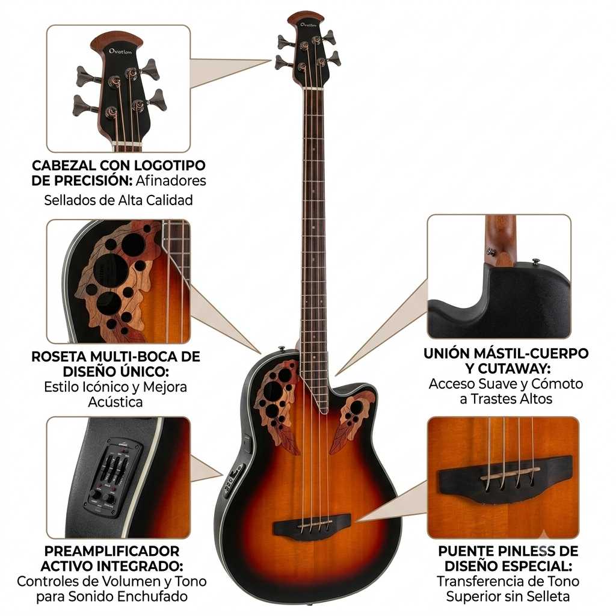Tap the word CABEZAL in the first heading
(x=64, y=165)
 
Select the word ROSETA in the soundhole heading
(x=59, y=356)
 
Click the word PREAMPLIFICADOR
(x=112, y=551)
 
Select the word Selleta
(x=549, y=596)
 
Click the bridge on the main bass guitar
(x=312, y=525)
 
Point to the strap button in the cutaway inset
(x=535, y=261)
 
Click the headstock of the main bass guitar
(x=309, y=48)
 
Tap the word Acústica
(x=115, y=402)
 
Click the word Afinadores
(x=171, y=180)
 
